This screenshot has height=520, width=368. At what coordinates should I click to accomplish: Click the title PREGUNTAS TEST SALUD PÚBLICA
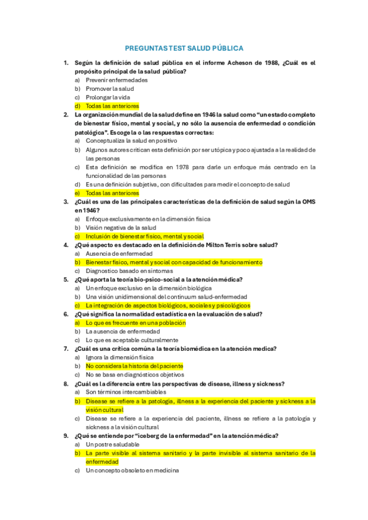click(x=184, y=48)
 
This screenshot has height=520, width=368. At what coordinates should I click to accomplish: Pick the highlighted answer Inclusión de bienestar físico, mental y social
click(x=144, y=236)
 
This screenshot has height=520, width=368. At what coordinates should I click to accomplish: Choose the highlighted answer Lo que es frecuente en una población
click(x=135, y=323)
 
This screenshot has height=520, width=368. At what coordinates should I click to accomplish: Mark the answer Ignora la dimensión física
click(x=120, y=357)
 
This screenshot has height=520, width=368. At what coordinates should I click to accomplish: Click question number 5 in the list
click(x=66, y=279)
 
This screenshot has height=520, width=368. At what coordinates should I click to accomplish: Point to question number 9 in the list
click(x=66, y=435)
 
